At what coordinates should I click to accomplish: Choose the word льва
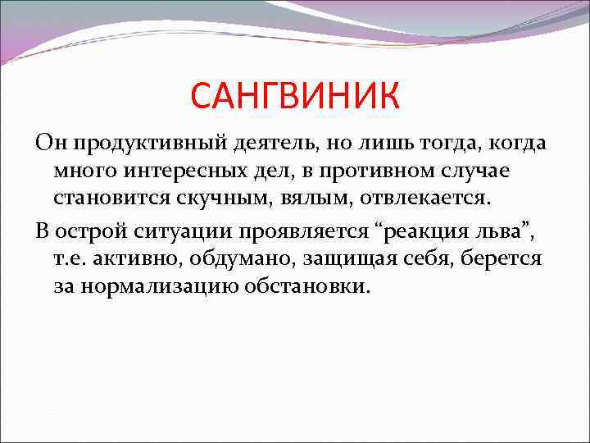[x=506, y=231]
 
